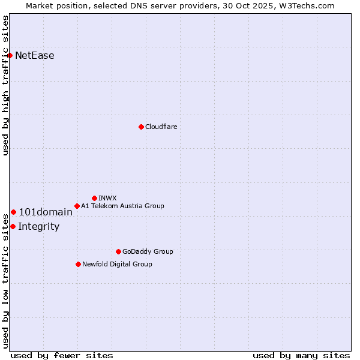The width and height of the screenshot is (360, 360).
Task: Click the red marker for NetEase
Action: [10, 55]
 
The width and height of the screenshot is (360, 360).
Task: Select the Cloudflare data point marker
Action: [141, 127]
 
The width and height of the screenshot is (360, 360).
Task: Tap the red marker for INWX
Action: [94, 198]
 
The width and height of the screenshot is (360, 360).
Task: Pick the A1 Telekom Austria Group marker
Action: [77, 206]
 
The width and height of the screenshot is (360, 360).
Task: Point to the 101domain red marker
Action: [13, 212]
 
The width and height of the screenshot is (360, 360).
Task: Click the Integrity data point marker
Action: [13, 226]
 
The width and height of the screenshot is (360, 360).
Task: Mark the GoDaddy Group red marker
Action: [118, 251]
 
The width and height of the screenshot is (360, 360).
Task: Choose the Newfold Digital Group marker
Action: [78, 264]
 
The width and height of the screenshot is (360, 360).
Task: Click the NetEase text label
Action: [35, 56]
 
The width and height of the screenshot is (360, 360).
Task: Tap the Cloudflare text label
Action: [161, 127]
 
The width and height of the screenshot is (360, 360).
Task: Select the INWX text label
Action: [108, 198]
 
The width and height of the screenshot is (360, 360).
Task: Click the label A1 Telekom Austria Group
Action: [122, 206]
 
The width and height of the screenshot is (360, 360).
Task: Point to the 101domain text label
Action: [46, 212]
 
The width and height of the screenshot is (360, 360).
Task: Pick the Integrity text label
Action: [39, 226]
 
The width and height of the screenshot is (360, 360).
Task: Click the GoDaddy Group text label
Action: [148, 251]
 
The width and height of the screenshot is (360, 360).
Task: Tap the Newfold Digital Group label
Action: [117, 264]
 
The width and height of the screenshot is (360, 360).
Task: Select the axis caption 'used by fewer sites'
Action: [62, 355]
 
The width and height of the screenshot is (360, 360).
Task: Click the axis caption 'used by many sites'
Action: [301, 355]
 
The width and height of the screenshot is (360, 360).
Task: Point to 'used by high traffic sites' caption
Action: [5, 85]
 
